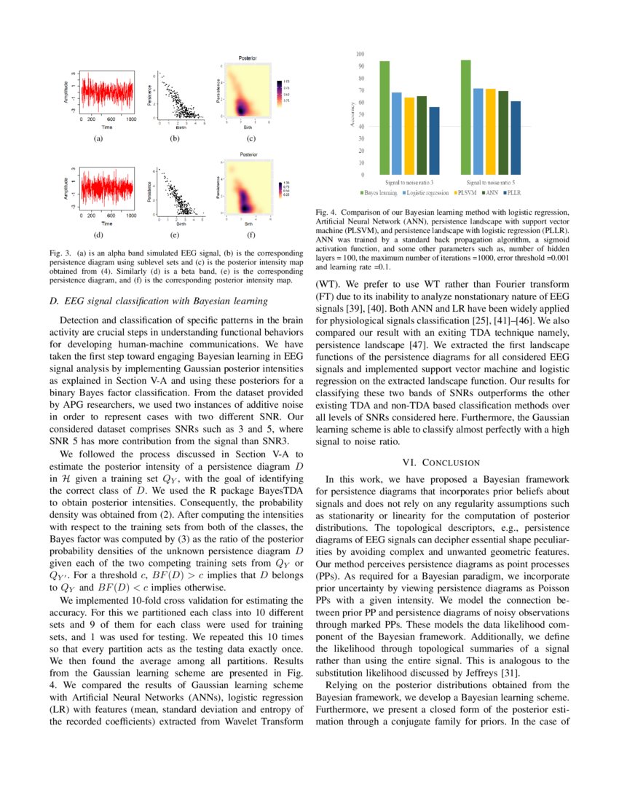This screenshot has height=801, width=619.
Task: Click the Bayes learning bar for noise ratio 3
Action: (385, 117)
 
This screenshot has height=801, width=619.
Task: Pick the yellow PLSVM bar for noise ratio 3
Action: (409, 135)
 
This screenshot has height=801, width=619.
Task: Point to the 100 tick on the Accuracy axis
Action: (360, 54)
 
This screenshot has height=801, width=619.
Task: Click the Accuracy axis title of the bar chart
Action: (352, 115)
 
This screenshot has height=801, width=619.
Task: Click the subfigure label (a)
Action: (98, 138)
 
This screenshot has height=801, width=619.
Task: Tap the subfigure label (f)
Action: (251, 236)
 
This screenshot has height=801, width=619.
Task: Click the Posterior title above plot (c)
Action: (248, 57)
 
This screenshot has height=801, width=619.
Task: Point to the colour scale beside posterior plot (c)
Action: (280, 92)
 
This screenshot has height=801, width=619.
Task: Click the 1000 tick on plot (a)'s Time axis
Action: (130, 118)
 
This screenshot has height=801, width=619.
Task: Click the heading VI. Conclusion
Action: (441, 462)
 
